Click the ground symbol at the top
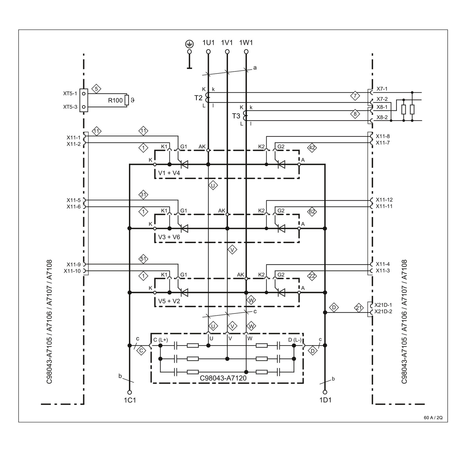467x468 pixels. point(189,44)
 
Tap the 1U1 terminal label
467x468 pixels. point(208,43)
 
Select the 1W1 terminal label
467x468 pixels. point(246,43)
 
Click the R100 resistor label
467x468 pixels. point(115,100)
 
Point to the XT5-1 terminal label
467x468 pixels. point(70,93)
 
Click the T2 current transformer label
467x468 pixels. point(198,98)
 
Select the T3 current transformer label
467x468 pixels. point(236,116)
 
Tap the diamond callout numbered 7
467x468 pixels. point(355,96)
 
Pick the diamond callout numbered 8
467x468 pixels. point(355,114)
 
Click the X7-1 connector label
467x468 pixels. point(382,89)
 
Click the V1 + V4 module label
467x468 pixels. point(169,173)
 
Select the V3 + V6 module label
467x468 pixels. point(169,237)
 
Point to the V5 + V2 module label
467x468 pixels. point(169,301)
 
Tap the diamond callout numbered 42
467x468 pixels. point(312,148)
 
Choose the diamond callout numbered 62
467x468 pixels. point(312,212)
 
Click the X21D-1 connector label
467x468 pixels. point(383,305)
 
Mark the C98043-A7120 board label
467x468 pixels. point(223,378)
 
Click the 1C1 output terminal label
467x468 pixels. point(130,400)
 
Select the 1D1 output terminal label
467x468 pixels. point(325,400)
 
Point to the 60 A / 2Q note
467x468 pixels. point(433,418)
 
